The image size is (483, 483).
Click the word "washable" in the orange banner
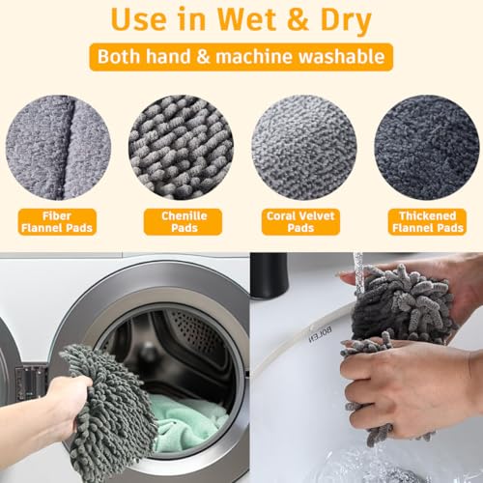point(341,56)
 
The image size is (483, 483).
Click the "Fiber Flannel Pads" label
point(57,222)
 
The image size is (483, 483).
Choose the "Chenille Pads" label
point(183,222)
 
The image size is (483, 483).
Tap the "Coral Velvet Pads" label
point(300,222)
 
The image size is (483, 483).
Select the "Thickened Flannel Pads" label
point(427,222)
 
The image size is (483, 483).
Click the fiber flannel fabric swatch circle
point(58,148)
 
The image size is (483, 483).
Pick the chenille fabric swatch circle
point(181,148)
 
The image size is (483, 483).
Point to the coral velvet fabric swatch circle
point(304,148)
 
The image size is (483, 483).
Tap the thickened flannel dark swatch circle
point(427,148)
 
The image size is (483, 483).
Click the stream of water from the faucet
point(358,273)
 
